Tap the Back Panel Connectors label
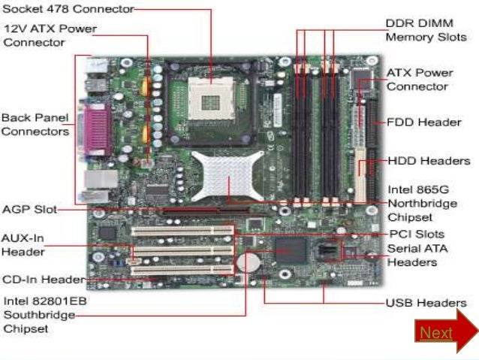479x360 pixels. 35,125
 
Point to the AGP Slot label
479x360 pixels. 28,209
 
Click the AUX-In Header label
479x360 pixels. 23,244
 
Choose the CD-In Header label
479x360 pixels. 42,280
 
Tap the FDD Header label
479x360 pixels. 423,122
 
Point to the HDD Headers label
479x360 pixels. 429,160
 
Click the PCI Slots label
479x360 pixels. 415,234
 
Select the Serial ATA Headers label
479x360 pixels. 412,255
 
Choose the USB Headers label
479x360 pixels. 426,303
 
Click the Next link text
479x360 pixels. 435,332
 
